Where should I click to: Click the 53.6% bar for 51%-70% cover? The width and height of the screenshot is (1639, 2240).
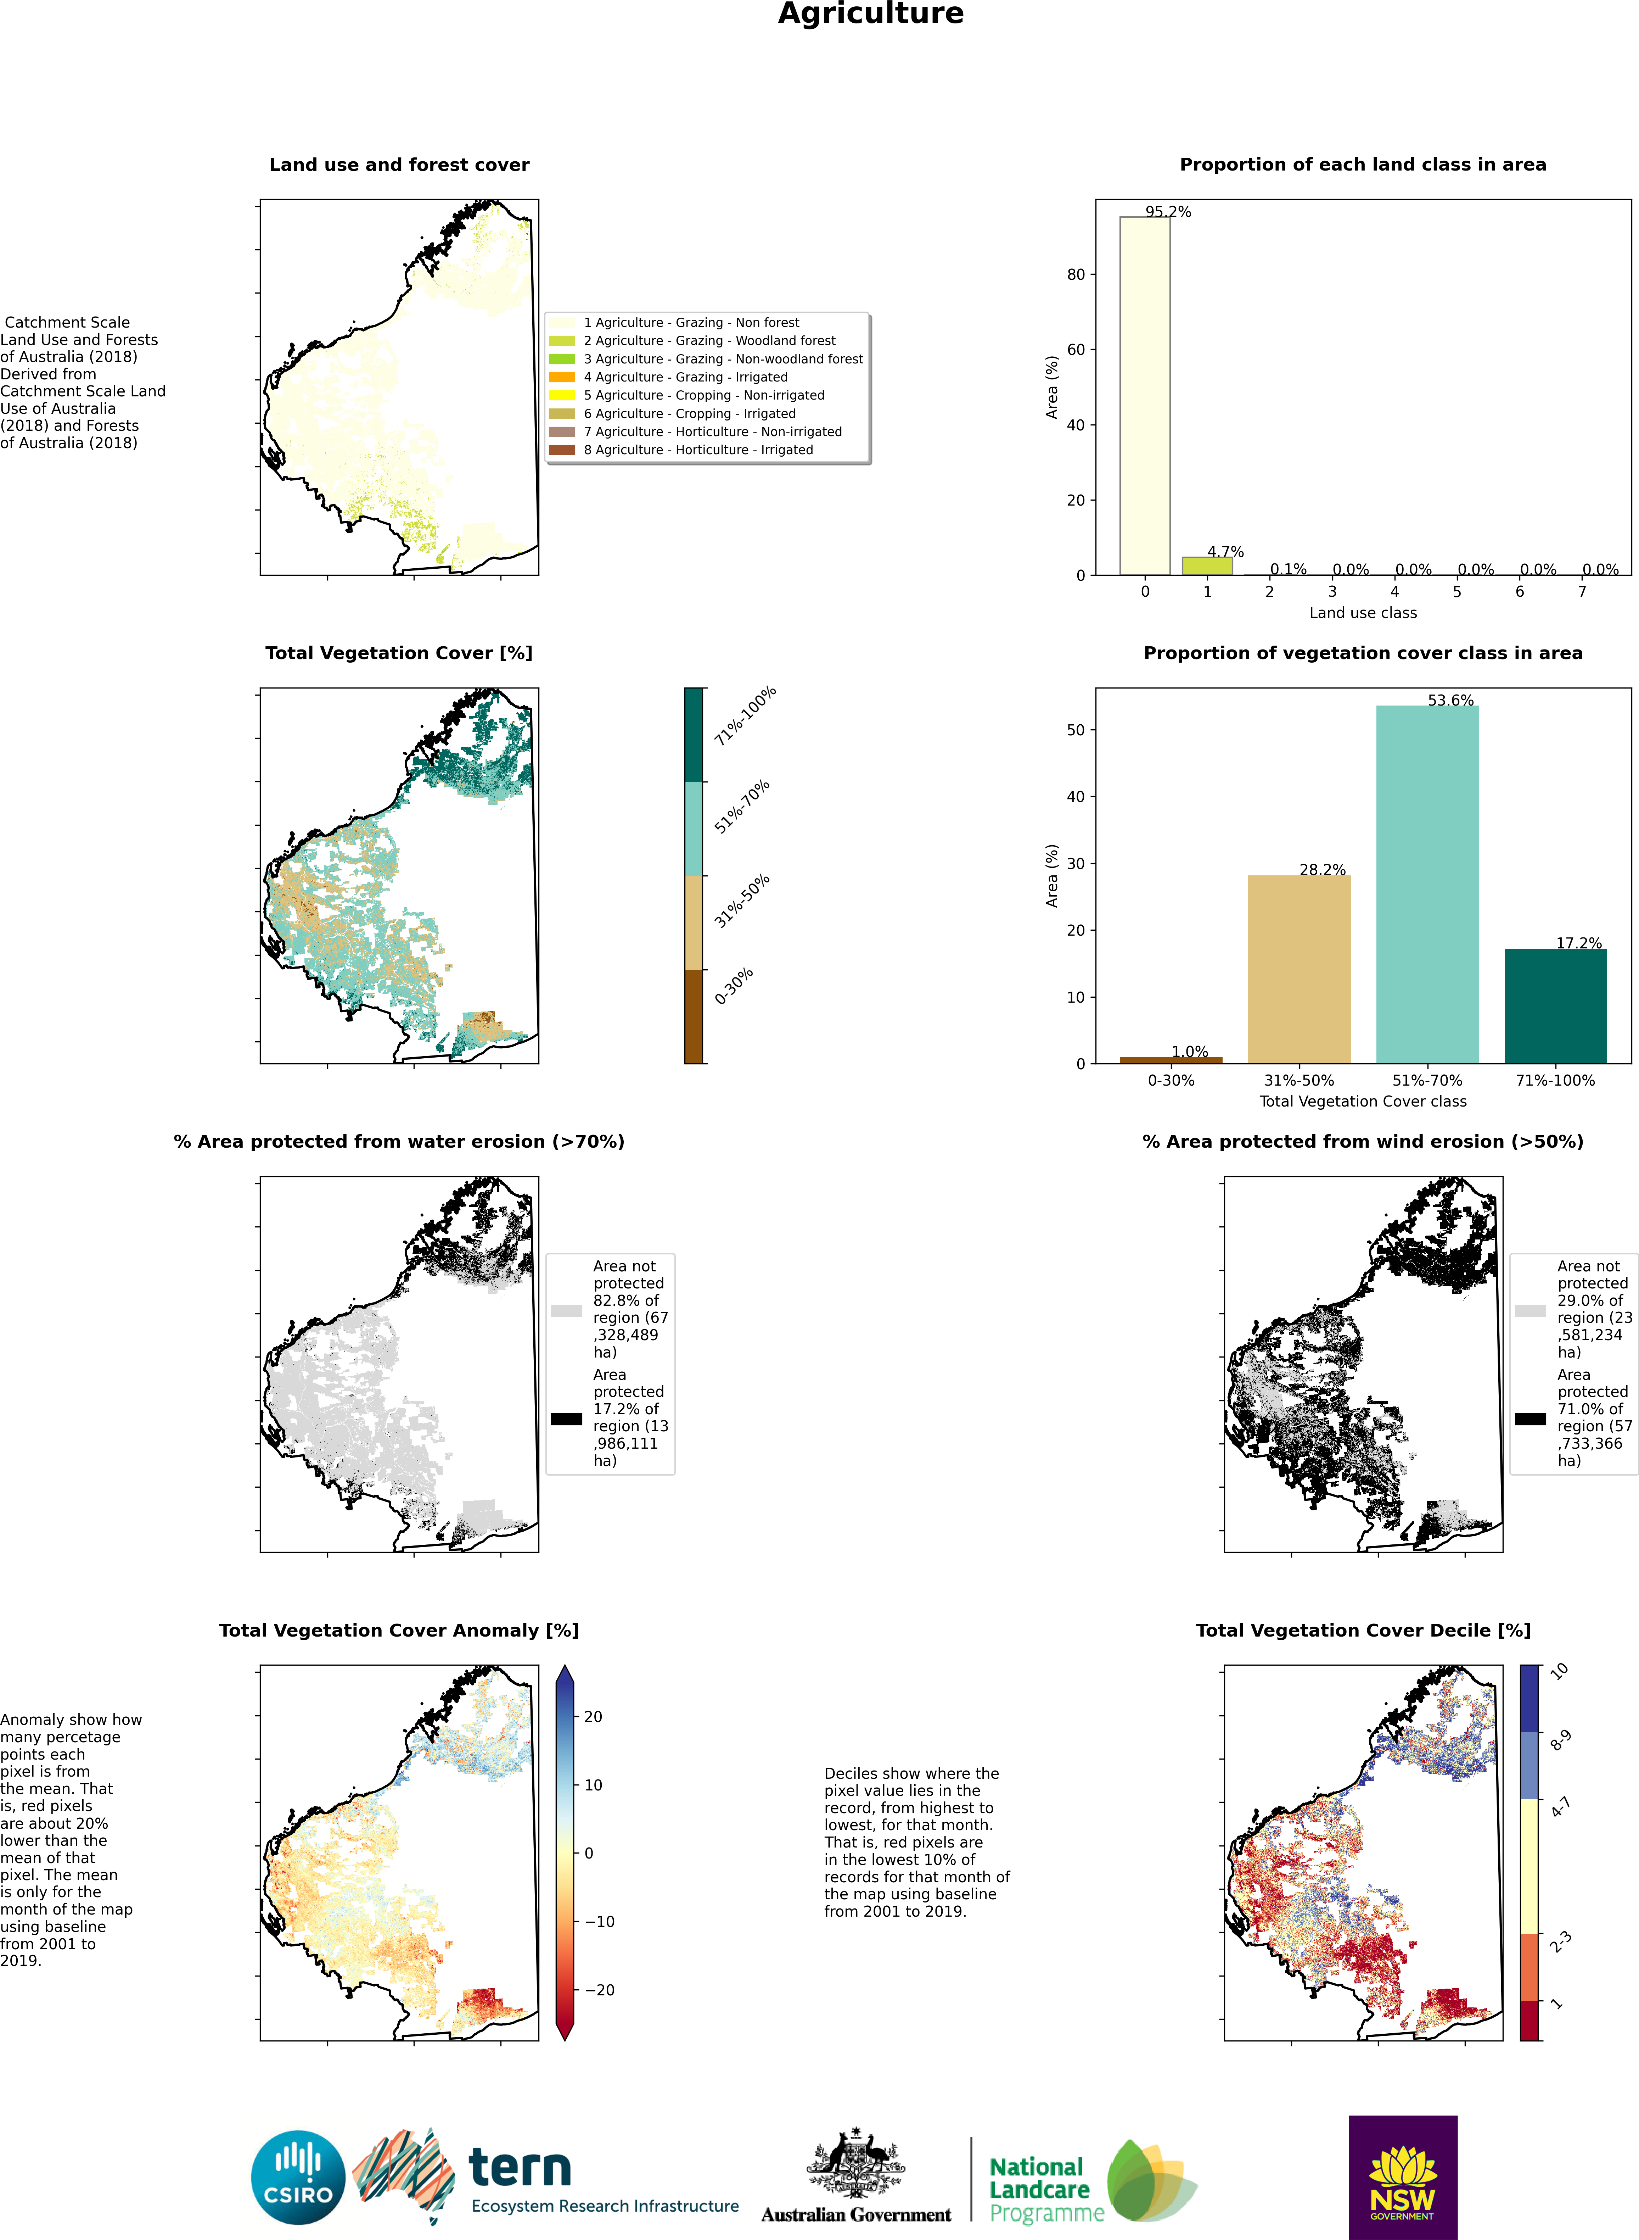pos(1427,883)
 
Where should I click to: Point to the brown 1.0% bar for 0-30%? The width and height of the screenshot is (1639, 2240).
pos(1171,1060)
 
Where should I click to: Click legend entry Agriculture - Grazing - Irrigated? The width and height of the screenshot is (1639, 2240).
pos(685,377)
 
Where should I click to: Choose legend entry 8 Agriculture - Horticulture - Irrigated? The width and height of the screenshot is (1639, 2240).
pos(697,450)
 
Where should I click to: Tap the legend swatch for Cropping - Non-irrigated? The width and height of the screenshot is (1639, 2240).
pos(562,395)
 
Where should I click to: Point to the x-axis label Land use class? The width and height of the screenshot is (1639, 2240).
pos(1362,612)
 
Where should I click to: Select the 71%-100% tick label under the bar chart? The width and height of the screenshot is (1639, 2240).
pos(1555,1080)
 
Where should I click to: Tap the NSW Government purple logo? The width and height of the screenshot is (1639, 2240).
pos(1402,2177)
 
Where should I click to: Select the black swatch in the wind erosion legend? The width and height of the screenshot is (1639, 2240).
pos(1530,1418)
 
